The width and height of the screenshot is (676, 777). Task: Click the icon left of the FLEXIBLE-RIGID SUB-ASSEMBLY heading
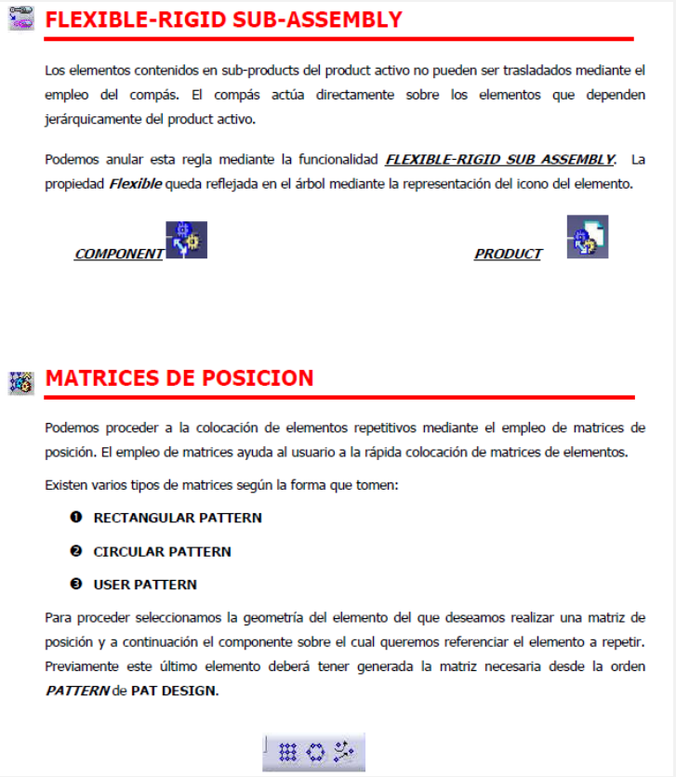click(20, 20)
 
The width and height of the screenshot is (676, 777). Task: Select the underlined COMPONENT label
click(119, 254)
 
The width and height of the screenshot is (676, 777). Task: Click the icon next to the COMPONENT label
click(186, 240)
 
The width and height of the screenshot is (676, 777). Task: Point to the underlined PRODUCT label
click(508, 254)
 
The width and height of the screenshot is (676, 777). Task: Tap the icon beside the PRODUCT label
click(588, 237)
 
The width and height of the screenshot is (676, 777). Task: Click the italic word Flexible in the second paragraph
click(135, 184)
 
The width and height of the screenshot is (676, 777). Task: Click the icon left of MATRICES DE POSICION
click(20, 380)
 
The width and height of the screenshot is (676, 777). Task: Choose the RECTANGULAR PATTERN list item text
click(178, 518)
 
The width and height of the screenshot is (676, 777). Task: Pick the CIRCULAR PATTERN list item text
click(162, 551)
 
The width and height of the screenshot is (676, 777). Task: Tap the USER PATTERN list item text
click(145, 585)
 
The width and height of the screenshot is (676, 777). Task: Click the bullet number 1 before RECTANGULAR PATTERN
click(76, 518)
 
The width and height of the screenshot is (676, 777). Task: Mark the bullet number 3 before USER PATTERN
click(76, 585)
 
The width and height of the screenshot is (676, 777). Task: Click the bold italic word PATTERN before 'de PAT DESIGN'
click(76, 691)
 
